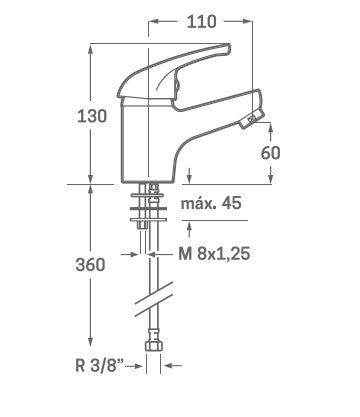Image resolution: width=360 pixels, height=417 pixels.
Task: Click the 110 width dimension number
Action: point(201,22)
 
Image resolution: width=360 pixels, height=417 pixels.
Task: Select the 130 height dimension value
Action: point(92,116)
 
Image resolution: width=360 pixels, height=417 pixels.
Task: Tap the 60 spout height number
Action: point(270,153)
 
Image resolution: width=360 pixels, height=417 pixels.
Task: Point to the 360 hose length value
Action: point(90,265)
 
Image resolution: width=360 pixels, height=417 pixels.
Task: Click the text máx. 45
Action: point(211,203)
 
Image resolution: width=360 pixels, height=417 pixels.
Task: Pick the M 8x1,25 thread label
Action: point(214,254)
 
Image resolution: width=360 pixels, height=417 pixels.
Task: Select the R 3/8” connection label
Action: point(99,366)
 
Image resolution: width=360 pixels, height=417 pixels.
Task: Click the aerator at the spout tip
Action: point(252,119)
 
